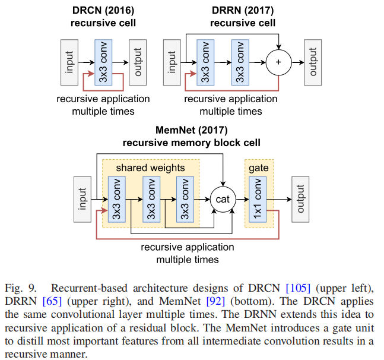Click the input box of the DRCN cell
69,62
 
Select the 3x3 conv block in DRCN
103,62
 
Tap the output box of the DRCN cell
138,62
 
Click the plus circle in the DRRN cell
278,62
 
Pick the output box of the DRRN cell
313,62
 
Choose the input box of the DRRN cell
172,62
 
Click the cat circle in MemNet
222,200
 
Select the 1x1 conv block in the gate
258,200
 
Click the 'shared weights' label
150,168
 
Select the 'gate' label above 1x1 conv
258,168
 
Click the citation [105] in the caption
297,288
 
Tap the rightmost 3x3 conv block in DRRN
239,62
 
